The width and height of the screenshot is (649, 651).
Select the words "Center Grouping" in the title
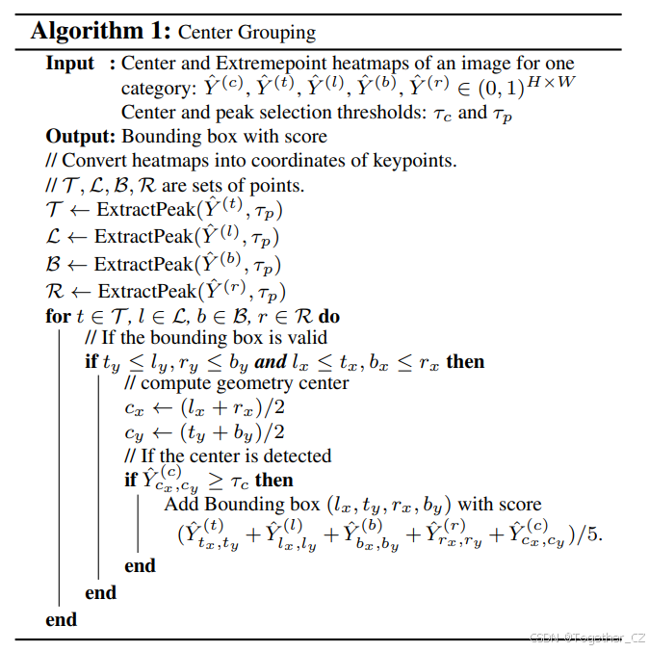246,32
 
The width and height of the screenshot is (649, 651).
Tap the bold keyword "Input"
70,64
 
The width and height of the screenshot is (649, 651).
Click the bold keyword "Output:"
81,136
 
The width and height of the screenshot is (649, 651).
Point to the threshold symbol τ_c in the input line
443,113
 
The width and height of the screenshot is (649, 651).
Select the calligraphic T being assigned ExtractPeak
54,210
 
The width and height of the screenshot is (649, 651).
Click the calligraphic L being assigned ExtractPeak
53,237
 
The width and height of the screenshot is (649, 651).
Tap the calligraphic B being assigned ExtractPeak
53,264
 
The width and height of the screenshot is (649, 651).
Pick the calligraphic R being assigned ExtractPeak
55,291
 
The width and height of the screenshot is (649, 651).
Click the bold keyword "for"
58,317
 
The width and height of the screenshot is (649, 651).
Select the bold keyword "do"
329,317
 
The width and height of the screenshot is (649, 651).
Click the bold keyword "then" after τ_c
274,480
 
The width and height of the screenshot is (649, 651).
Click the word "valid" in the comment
304,338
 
